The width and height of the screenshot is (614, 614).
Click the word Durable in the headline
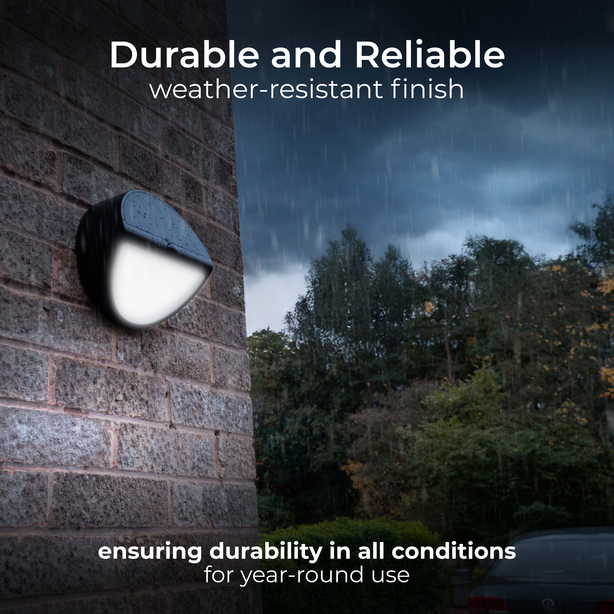[184, 56]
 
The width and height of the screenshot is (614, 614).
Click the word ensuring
[149, 552]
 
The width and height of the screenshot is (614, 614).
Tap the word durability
[265, 552]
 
